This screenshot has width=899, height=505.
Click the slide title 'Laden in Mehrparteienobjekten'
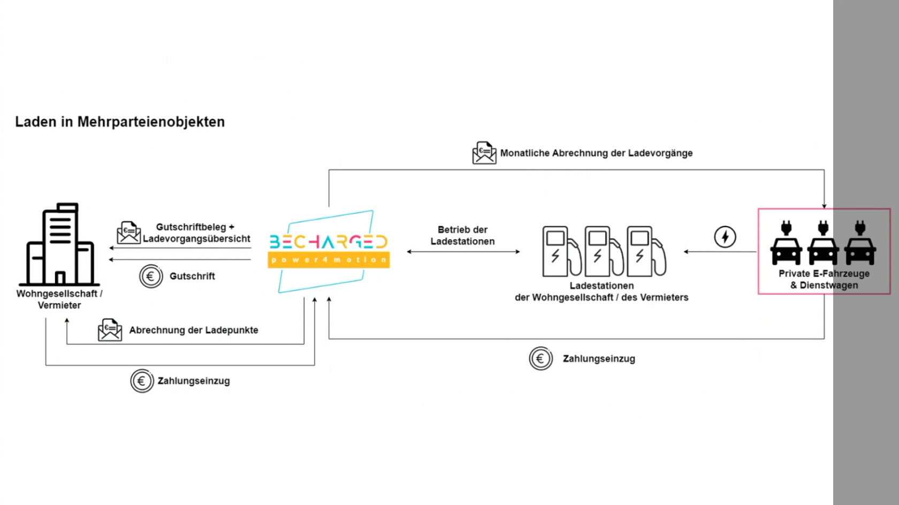pyautogui.click(x=120, y=122)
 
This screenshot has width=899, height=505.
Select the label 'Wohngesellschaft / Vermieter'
pyautogui.click(x=59, y=299)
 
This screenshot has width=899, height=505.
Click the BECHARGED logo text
pyautogui.click(x=329, y=242)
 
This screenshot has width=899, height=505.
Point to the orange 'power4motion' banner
pyautogui.click(x=329, y=260)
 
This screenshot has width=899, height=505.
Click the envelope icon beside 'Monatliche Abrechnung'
pyautogui.click(x=484, y=153)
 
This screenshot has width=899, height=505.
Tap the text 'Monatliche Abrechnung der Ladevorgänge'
pyautogui.click(x=596, y=153)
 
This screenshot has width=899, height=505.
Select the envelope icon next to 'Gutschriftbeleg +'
pyautogui.click(x=128, y=232)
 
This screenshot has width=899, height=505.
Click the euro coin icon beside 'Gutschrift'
pyautogui.click(x=151, y=276)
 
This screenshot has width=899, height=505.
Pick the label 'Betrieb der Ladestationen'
pyautogui.click(x=463, y=236)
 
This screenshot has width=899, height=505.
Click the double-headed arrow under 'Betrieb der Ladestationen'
pyautogui.click(x=463, y=252)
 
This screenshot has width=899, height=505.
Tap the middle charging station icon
pyautogui.click(x=604, y=251)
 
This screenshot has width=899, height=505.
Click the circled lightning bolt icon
pyautogui.click(x=725, y=237)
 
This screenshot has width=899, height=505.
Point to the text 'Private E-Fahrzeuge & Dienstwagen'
pyautogui.click(x=824, y=279)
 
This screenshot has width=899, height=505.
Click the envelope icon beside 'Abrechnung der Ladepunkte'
pyautogui.click(x=110, y=330)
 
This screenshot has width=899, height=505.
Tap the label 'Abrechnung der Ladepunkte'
pyautogui.click(x=194, y=330)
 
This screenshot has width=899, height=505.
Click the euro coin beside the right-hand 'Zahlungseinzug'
pyautogui.click(x=540, y=358)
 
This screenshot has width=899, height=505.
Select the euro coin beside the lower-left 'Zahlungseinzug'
pyautogui.click(x=142, y=381)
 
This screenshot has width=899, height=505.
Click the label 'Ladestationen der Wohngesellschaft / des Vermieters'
pyautogui.click(x=601, y=292)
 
